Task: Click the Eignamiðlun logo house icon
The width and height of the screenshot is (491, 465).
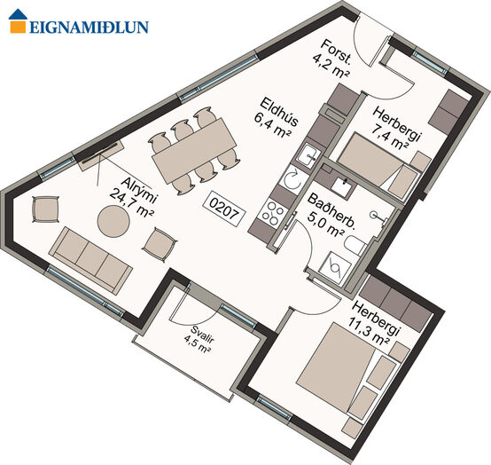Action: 18,20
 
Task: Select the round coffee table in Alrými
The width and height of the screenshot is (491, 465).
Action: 113,221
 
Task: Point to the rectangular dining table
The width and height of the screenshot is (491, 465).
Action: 194,151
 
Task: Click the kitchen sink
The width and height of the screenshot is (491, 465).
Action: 308,155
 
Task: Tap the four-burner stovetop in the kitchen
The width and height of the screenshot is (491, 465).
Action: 271,213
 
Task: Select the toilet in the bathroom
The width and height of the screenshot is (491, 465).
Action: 355,245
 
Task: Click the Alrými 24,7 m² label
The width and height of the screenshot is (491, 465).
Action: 134,197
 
